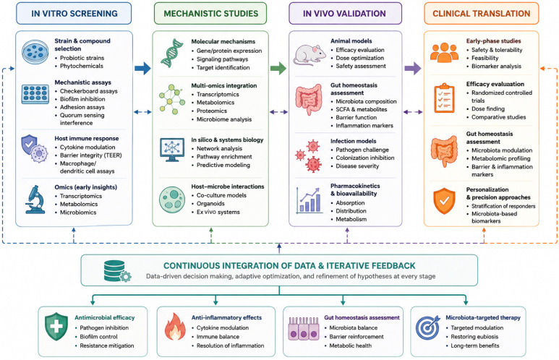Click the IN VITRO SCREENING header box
pos(74,14)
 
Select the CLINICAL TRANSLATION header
pos(482,14)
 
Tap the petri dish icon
pos(35,52)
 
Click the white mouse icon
pos(309,54)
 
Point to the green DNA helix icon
pos(172,53)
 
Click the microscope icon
pos(35,200)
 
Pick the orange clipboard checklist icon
pos(444,98)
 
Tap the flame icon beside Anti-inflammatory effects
pos(175,327)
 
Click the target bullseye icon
pos(428,327)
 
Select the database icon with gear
pos(117,271)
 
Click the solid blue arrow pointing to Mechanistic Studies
pos(142,68)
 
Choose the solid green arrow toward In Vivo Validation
pos(278,68)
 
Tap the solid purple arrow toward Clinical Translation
pos(412,68)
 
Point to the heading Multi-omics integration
pos(224,85)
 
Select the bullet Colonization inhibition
pos(364,158)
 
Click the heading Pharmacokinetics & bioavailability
pos(355,189)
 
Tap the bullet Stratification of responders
pos(503,206)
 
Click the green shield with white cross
pos(56,327)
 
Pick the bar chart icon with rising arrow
pos(309,200)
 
